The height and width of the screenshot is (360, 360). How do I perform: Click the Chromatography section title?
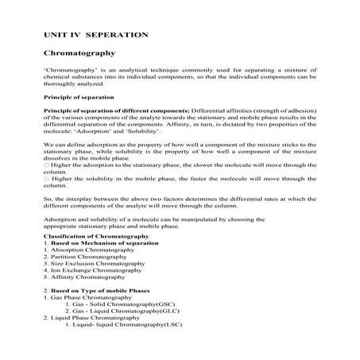point(79,54)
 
